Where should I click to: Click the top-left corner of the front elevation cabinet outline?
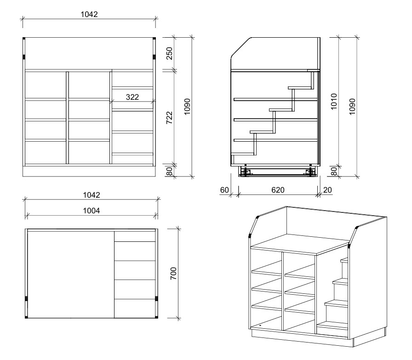23,38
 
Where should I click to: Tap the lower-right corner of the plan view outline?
158,318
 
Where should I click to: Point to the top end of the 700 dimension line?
178,229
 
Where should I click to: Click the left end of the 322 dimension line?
112,102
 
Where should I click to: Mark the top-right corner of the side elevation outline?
320,38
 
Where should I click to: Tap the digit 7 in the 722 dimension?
170,121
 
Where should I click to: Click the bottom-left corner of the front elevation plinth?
23,176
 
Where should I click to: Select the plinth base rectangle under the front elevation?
89,171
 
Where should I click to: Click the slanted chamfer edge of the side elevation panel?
240,47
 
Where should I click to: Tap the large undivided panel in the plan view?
71,274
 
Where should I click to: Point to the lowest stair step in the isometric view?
332,326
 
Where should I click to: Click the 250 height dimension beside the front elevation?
170,53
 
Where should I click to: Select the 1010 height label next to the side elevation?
334,102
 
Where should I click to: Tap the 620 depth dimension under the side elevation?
278,190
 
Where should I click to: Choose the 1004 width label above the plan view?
92,211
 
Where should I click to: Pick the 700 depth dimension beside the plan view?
173,273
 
